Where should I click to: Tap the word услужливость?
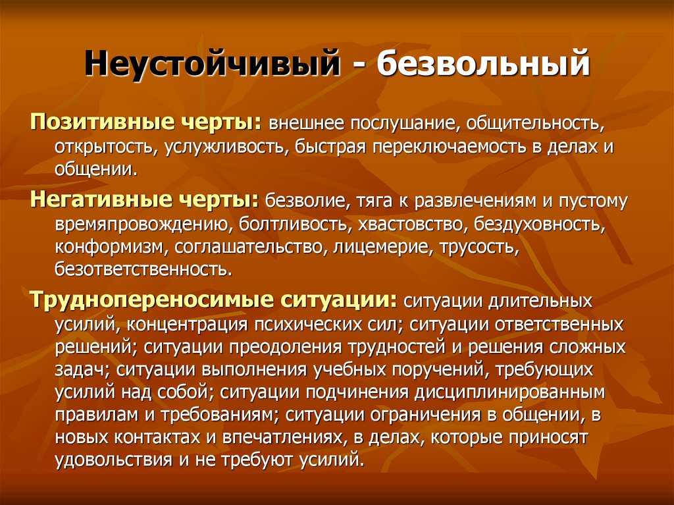[x=224, y=146]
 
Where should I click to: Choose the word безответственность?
[x=143, y=269]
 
